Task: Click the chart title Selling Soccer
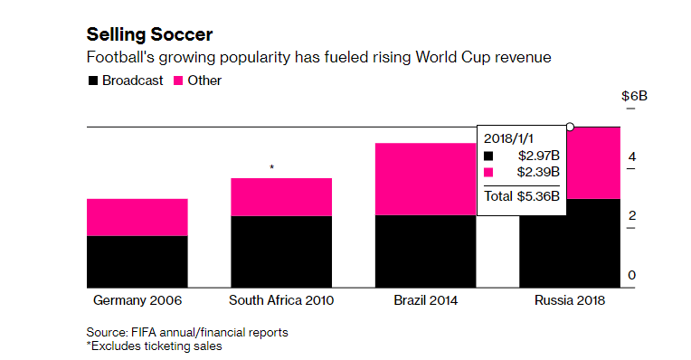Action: (x=149, y=34)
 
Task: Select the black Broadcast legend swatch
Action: (x=93, y=81)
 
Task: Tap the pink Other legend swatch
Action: (x=178, y=81)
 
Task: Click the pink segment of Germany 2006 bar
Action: (x=137, y=217)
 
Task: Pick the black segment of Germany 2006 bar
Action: (x=137, y=261)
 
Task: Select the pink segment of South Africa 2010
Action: (x=281, y=197)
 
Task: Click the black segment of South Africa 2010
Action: (x=281, y=251)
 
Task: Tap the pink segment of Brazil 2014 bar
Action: (x=425, y=179)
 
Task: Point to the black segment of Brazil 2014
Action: (x=425, y=251)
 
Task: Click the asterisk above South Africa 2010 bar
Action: (x=272, y=167)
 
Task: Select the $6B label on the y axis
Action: (x=634, y=96)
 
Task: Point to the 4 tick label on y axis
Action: (x=632, y=156)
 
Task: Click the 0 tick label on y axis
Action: (x=632, y=275)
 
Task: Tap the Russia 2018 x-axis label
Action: (x=570, y=300)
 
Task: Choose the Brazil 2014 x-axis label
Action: (x=425, y=300)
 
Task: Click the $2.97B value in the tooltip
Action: (x=538, y=156)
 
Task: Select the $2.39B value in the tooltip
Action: (x=538, y=172)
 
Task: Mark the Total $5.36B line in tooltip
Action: (x=522, y=196)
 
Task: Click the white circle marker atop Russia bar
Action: (x=570, y=127)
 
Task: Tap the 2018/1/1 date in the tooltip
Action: (x=508, y=138)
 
